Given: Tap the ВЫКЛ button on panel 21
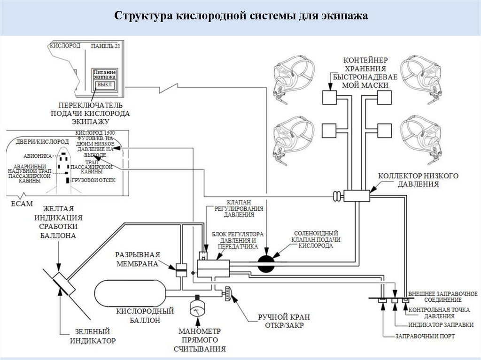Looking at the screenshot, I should click(102, 85).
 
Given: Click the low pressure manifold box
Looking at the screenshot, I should click(357, 196).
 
